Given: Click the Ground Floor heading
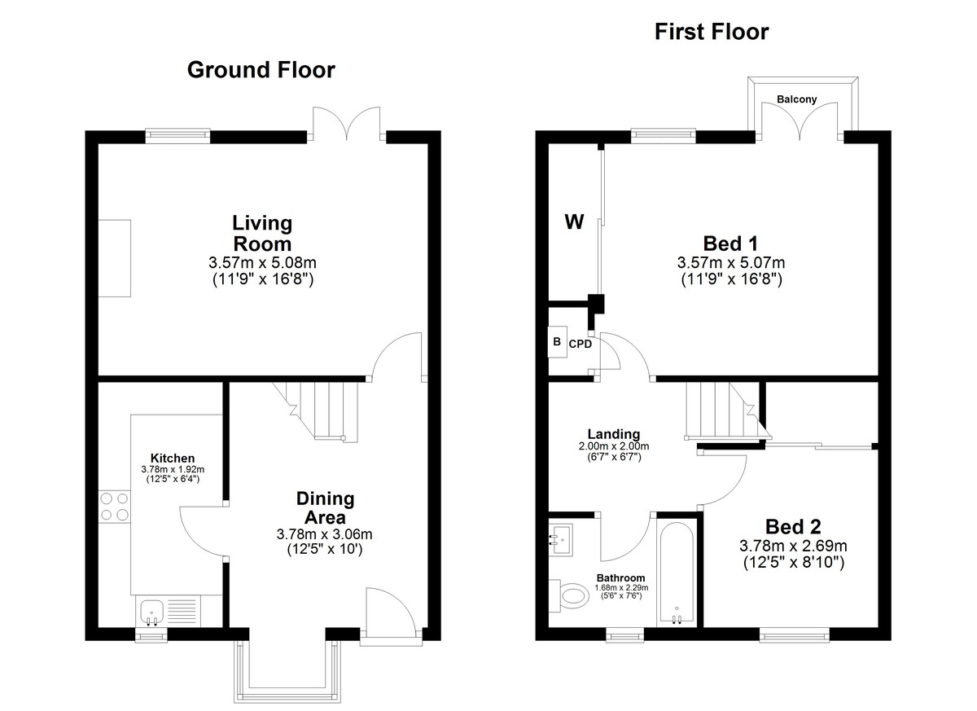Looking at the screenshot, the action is [x=261, y=71].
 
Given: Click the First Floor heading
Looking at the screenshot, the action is [x=712, y=32].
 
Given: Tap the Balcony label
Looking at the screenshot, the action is [x=797, y=99].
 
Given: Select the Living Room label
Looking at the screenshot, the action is [x=262, y=234].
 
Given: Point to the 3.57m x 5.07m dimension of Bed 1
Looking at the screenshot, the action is [x=731, y=262].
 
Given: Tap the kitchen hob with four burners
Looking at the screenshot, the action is [x=115, y=507].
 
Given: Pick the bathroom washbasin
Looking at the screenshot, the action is [x=561, y=540].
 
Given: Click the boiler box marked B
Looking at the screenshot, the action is [x=558, y=342].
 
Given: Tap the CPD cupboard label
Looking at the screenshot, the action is [x=581, y=345].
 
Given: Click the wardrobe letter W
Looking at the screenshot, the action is [x=574, y=222].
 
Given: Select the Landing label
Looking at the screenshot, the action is [x=614, y=434].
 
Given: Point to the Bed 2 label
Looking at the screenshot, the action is [x=793, y=526].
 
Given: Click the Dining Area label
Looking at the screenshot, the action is [x=325, y=507].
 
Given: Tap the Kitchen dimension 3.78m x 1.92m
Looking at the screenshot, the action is [x=173, y=470].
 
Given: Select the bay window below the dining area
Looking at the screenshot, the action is [x=287, y=672].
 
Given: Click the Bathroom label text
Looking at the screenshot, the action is [x=620, y=578].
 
